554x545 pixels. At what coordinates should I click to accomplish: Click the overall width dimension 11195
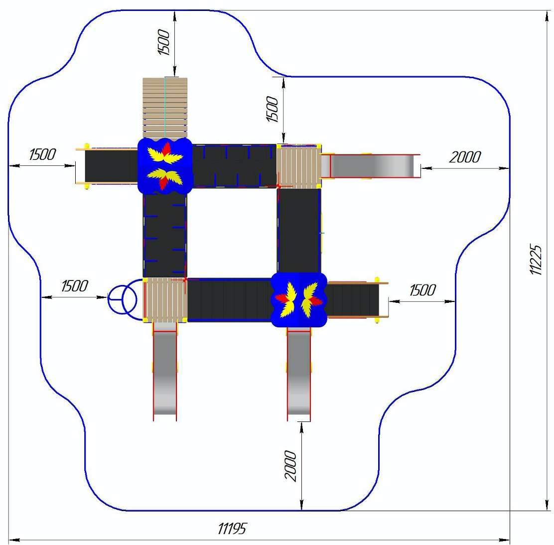pos(232,529)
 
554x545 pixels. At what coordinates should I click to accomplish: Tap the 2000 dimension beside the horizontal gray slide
pos(465,157)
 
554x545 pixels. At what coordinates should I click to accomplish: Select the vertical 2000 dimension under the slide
pos(290,466)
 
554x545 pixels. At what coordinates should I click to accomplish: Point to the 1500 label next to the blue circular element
pos(75,286)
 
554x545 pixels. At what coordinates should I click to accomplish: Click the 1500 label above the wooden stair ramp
pos(164,42)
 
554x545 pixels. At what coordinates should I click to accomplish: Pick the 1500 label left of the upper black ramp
pos(42,154)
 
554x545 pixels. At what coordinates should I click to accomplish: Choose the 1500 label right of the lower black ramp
pos(422,290)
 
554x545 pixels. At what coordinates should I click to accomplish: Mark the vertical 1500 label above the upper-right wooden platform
pos(273,109)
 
